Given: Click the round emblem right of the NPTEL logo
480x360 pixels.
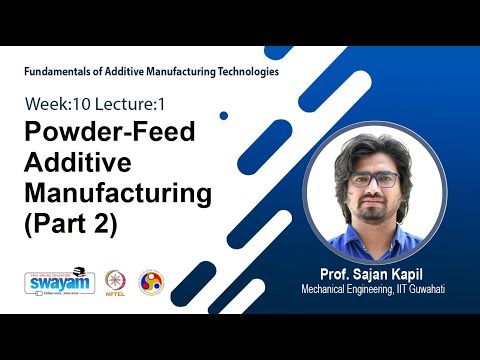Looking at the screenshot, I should tap(151, 282).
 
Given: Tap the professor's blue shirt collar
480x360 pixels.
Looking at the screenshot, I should tap(355, 231).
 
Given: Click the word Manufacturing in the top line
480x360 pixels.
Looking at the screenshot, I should tap(182, 72).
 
